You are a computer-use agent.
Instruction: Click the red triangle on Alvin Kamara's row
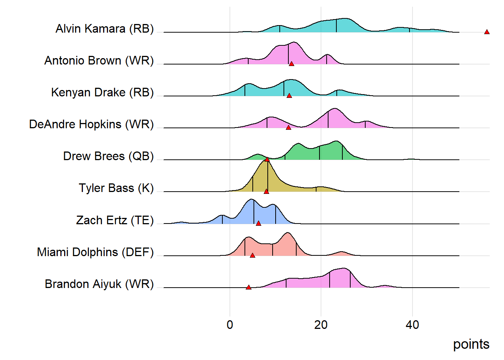487,32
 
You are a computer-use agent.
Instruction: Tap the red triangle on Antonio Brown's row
291,64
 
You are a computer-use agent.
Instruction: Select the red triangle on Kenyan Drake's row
289,96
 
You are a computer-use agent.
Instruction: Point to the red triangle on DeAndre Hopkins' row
288,128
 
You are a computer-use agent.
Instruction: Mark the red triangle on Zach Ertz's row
258,223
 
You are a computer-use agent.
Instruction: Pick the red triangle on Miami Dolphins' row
252,255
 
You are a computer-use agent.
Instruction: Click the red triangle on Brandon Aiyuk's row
249,288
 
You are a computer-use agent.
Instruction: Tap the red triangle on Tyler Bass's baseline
266,192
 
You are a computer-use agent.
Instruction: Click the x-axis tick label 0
230,325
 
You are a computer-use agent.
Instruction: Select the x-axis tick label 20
321,325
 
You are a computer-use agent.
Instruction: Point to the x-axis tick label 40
412,325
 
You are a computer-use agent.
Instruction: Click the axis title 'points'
471,344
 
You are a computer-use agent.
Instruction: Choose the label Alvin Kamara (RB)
105,29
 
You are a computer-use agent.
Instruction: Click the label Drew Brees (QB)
108,156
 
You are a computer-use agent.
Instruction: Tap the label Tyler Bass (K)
116,188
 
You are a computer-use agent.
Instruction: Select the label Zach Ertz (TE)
115,220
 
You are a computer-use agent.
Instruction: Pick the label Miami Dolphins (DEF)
95,252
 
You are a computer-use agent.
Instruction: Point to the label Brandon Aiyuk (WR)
99,284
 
